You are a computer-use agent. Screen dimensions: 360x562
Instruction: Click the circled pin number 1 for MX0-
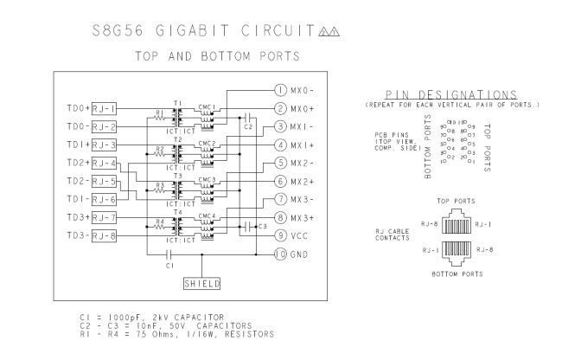point(279,91)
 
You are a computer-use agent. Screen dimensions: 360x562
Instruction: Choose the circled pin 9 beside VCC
point(279,235)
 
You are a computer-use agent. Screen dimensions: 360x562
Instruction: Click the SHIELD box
point(202,283)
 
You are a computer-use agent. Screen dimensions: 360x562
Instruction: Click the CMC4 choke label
point(206,216)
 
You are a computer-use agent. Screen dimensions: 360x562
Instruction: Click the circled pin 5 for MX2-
point(279,163)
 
